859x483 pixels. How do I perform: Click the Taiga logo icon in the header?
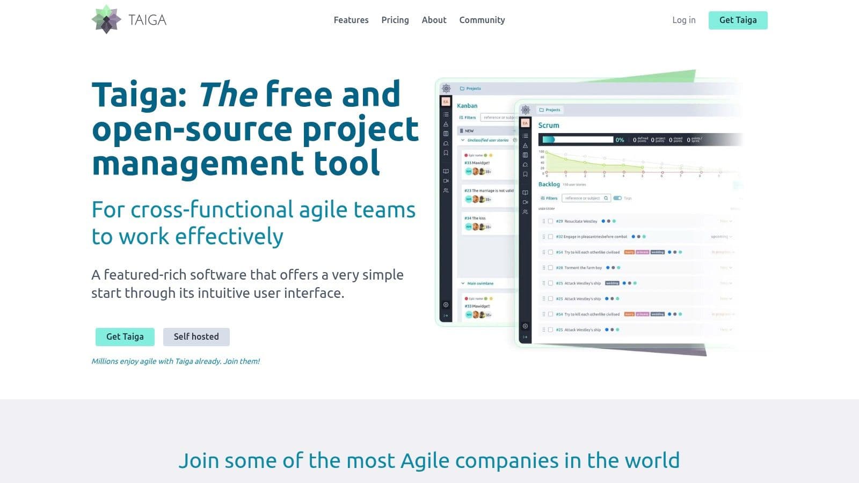(106, 20)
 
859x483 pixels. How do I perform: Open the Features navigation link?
(351, 20)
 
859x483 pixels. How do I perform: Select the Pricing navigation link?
(395, 20)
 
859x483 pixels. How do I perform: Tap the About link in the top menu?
(434, 20)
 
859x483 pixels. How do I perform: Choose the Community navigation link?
(482, 20)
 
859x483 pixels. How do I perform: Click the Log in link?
(683, 20)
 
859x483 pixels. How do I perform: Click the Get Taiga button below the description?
(125, 336)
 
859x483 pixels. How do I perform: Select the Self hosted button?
(196, 336)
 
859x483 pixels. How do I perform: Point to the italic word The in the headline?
(228, 94)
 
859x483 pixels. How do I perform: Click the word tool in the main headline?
(347, 163)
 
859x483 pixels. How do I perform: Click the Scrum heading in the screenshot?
(549, 125)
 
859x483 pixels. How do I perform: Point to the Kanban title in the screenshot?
(467, 106)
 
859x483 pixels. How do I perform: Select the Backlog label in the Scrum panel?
(549, 184)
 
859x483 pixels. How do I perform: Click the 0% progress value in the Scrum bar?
(620, 140)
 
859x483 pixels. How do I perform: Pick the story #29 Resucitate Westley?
(577, 221)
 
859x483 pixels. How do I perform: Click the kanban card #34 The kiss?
(475, 218)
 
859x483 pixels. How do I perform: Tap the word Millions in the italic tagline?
(105, 361)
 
